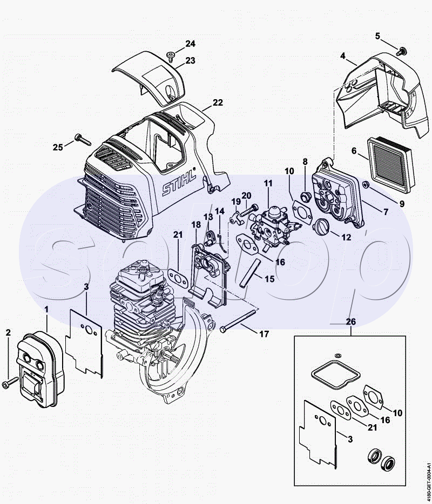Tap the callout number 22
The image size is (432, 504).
click(217, 102)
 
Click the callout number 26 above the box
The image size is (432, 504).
click(350, 321)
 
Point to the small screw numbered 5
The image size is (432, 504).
click(401, 51)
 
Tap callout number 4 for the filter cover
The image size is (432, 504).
click(342, 56)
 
